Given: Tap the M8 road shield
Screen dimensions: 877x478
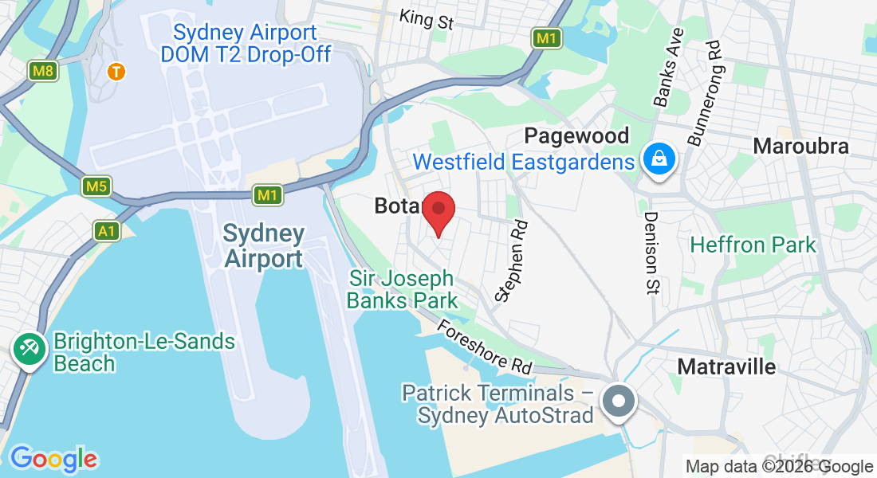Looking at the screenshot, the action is (44, 72).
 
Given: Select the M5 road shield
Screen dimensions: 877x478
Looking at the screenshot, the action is (96, 187).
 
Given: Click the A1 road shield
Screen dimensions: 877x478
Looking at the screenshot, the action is (107, 231).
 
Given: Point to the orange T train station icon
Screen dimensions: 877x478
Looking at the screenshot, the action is (116, 72).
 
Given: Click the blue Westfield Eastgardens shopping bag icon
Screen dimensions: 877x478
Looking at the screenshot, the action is (660, 159).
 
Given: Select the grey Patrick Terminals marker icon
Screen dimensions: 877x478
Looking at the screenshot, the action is (619, 400).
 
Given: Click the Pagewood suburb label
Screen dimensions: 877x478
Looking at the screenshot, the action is (576, 135).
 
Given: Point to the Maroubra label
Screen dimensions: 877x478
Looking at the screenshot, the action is (800, 146).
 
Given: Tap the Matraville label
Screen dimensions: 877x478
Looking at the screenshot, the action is (726, 366).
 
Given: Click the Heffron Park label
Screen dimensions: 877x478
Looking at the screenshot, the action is (753, 245).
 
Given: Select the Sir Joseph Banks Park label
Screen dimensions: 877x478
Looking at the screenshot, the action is (403, 289).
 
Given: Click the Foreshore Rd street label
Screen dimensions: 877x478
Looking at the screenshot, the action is (484, 347).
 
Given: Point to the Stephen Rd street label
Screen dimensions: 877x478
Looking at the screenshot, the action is (513, 261).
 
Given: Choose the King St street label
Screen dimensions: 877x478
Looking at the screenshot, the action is (427, 18).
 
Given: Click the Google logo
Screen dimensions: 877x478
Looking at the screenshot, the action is (53, 459).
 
